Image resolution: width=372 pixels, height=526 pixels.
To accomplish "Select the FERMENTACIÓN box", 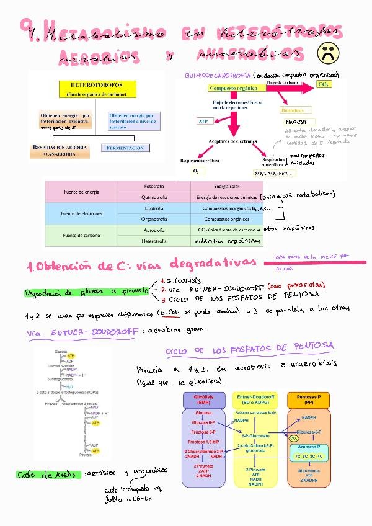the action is click(125, 148).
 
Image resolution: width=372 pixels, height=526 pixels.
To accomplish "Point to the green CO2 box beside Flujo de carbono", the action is click(324, 84).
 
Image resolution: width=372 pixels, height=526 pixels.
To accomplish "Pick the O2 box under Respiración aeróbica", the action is click(196, 171).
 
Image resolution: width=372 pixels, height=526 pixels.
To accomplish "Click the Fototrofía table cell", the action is click(154, 186).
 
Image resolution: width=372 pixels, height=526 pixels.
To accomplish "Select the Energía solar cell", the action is click(226, 186).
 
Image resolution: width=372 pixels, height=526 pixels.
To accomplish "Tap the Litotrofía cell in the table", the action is click(154, 208).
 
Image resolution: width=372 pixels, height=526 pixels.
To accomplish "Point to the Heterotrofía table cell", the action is click(154, 240).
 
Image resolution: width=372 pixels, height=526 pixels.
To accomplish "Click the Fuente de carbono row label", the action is click(81, 235).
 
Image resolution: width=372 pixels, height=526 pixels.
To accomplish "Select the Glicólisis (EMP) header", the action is click(203, 398).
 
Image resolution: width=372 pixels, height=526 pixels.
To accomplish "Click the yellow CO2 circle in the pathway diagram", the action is click(293, 439).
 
